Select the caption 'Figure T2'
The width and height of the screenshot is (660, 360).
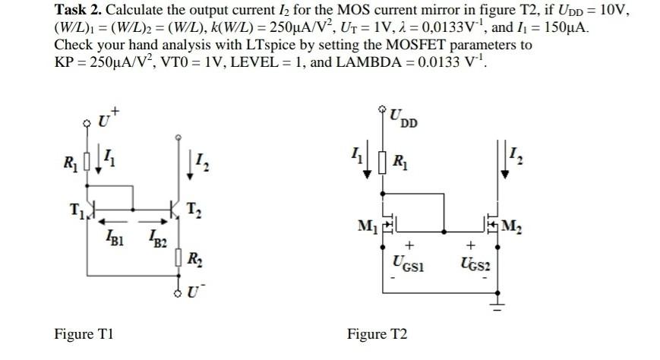coord(377,334)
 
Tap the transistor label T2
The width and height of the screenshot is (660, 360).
coord(194,211)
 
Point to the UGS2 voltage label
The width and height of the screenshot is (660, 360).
coord(475,263)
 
